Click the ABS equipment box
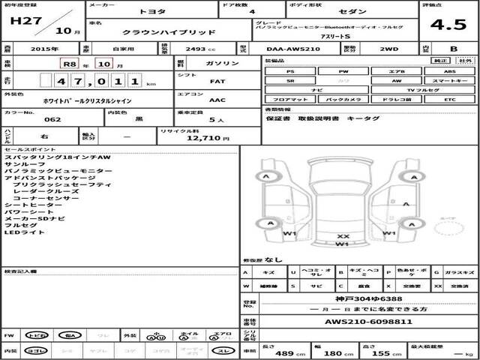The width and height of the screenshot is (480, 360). click(450, 71)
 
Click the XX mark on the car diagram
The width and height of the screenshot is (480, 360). click(343, 235)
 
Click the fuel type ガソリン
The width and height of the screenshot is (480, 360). click(224, 64)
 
